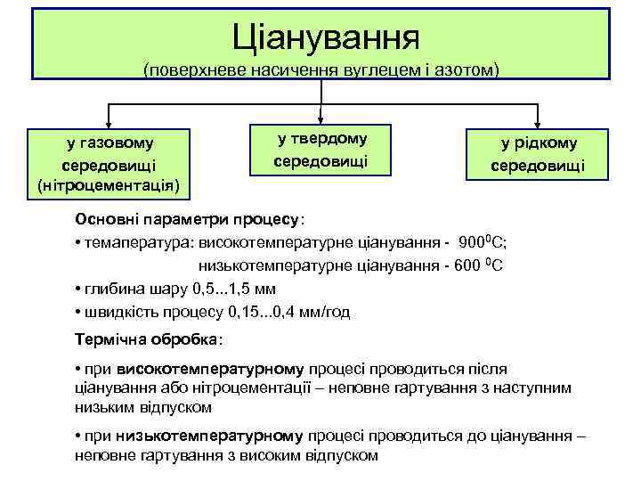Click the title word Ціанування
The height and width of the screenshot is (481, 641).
click(325, 37)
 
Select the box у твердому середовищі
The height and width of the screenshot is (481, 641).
click(320, 149)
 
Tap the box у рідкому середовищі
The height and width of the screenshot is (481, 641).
click(538, 153)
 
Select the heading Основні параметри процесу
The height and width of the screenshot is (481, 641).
click(188, 219)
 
